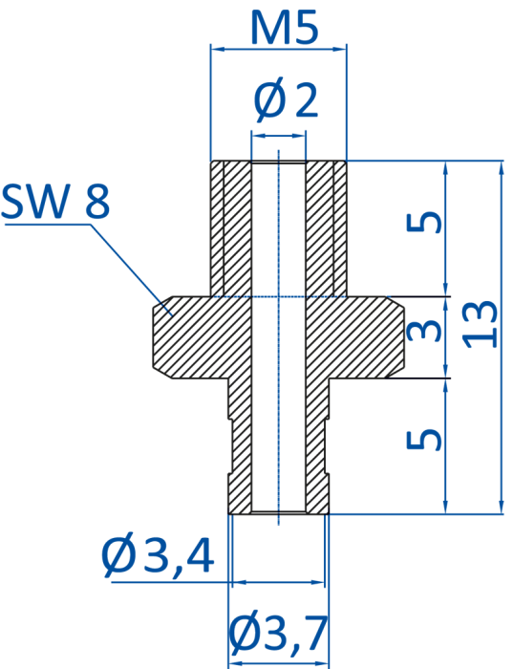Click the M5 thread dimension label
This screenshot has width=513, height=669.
(x=285, y=29)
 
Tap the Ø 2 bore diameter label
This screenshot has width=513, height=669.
(x=287, y=99)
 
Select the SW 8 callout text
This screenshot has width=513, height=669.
(x=55, y=202)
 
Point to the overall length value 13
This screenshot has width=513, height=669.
(x=481, y=324)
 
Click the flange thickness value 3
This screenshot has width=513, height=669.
(x=424, y=332)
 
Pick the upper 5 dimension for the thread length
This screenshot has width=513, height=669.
(x=424, y=222)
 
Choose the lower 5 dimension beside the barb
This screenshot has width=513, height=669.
(x=424, y=440)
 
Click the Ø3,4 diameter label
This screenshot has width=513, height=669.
(x=158, y=554)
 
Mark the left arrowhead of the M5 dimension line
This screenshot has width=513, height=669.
(x=217, y=49)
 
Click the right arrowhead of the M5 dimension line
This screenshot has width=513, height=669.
(x=340, y=49)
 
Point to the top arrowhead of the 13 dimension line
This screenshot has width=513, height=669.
(x=502, y=167)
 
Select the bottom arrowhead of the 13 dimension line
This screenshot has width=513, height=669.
(x=502, y=507)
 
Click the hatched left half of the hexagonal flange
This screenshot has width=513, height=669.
(x=202, y=337)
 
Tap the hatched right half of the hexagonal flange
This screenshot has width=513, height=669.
(x=354, y=337)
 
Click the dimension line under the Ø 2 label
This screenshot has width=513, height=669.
(x=279, y=136)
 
